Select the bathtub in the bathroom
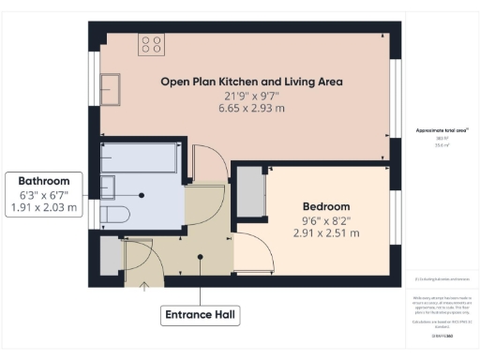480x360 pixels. point(139,157)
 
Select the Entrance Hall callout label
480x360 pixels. point(199,314)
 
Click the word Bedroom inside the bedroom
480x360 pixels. point(325,206)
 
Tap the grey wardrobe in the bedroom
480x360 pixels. point(250,192)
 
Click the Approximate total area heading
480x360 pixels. point(442,129)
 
